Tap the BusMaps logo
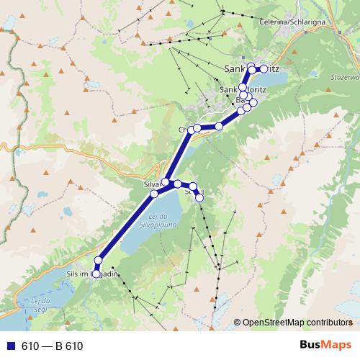pos(323,346)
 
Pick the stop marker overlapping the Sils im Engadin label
pos(96,273)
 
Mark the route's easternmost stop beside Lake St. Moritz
pos(264,69)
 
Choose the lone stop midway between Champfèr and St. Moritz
pos(218,127)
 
